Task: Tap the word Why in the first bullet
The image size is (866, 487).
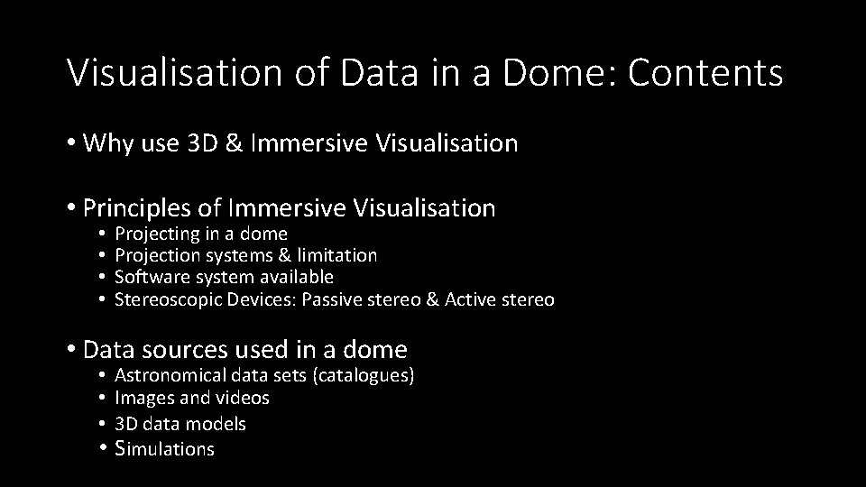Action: coord(106,142)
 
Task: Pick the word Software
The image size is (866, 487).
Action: coord(149,277)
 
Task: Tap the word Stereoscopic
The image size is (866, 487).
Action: coord(163,299)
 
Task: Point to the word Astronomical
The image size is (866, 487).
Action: coord(170,375)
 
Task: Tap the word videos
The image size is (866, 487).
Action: coord(243,398)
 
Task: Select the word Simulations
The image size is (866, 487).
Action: coord(165,448)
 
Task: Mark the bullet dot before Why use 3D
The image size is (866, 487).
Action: coord(71,143)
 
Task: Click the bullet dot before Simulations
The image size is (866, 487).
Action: coord(105,448)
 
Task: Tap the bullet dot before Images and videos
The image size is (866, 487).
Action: coord(105,398)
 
